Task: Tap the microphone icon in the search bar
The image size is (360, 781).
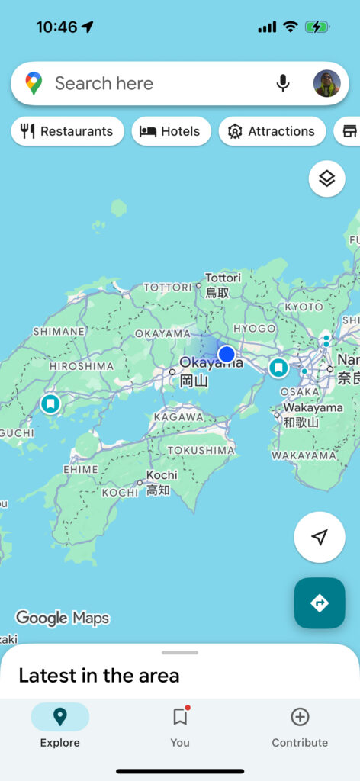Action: click(283, 83)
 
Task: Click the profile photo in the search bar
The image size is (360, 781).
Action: click(326, 83)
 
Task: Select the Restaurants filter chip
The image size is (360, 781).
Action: click(67, 131)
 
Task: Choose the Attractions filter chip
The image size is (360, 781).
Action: click(272, 131)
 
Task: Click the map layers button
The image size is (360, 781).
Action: click(326, 178)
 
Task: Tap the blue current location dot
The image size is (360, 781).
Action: click(227, 354)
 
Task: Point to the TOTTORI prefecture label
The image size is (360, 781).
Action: click(168, 288)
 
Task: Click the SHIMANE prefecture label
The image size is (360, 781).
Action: click(59, 332)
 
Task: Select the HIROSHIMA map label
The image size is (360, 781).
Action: click(81, 366)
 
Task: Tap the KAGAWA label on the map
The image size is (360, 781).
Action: click(178, 417)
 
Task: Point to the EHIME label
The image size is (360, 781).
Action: click(80, 470)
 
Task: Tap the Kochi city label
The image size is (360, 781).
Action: click(161, 475)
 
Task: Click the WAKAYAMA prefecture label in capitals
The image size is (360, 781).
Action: click(304, 455)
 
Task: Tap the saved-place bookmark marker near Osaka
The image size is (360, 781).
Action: click(278, 368)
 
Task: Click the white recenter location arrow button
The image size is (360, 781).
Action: click(320, 537)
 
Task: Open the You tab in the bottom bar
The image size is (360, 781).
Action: click(180, 726)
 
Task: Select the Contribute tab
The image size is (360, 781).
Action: click(300, 726)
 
